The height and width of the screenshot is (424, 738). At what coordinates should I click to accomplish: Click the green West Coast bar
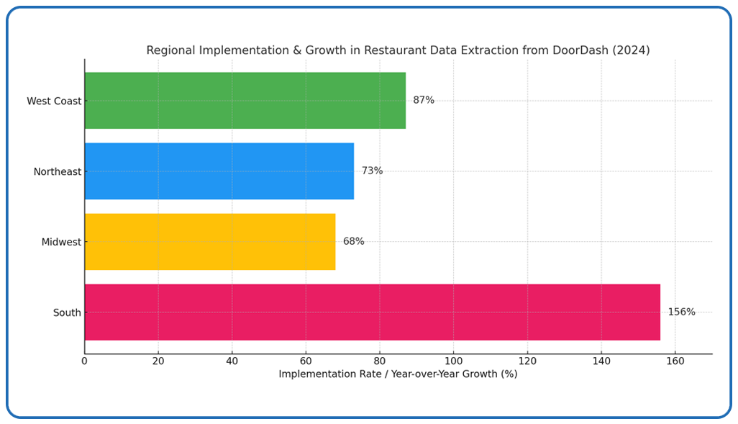[245, 101]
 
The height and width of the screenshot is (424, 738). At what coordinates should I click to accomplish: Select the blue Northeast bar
[219, 171]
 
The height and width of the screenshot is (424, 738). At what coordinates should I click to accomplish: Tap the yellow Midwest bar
[210, 242]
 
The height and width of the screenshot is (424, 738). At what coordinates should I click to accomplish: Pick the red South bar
[372, 312]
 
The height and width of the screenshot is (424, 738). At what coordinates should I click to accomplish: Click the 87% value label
[424, 101]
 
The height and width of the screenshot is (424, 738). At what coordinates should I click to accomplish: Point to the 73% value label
[372, 171]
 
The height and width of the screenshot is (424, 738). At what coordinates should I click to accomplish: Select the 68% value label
[353, 242]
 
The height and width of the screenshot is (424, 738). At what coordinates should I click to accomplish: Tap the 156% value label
[681, 312]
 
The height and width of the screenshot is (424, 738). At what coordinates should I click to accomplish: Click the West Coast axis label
[54, 102]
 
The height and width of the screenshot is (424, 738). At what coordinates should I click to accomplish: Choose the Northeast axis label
[58, 172]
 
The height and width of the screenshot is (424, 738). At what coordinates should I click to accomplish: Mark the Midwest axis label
[61, 243]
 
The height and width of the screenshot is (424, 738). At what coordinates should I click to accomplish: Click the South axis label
[67, 313]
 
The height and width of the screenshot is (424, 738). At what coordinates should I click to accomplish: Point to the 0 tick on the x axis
[84, 361]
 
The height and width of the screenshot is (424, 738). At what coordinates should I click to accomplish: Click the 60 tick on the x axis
[306, 361]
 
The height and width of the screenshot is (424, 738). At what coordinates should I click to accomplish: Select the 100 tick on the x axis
[453, 361]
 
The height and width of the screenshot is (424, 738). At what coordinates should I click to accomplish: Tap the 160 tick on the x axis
[675, 361]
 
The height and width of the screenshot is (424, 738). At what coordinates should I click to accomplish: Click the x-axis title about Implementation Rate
[398, 374]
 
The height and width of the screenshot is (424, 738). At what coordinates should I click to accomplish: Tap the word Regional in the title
[170, 50]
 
